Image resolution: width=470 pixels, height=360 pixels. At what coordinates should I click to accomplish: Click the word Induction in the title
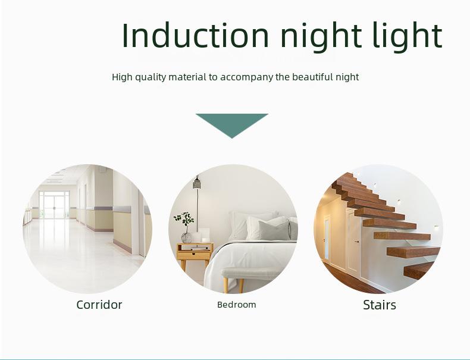click(x=195, y=35)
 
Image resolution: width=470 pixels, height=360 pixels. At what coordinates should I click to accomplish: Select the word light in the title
click(x=408, y=36)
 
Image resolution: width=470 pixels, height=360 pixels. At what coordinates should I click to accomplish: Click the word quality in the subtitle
click(x=151, y=77)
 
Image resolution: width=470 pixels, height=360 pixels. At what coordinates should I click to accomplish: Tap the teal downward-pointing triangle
click(x=232, y=126)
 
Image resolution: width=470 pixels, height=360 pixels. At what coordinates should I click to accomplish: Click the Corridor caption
click(x=99, y=305)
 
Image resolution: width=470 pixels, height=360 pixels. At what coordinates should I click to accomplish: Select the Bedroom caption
click(x=237, y=305)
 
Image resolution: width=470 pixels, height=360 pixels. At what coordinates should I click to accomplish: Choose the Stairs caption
click(x=380, y=305)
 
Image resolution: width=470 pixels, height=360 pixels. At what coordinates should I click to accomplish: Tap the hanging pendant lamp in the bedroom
click(x=197, y=183)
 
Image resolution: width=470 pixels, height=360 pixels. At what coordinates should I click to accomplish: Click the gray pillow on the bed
click(x=273, y=230)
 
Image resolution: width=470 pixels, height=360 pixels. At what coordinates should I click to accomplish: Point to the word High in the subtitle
click(x=122, y=77)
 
